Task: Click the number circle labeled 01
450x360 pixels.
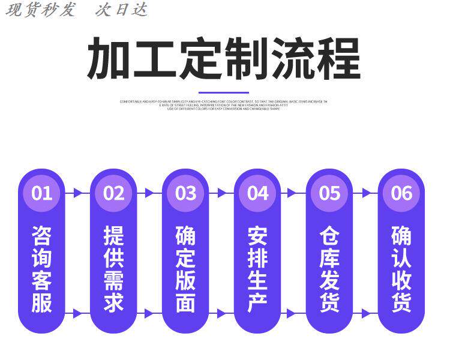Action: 41,193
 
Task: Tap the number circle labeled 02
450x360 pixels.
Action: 113,193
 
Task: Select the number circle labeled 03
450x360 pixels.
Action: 185,193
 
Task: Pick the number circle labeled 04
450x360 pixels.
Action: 257,193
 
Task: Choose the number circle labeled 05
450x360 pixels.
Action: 329,193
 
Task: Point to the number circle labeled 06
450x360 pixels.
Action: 401,193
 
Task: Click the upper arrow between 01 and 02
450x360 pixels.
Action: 77,193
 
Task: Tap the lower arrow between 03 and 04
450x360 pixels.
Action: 221,313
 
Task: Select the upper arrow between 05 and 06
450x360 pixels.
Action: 365,193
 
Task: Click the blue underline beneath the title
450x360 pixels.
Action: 224,92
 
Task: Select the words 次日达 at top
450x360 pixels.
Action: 121,10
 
